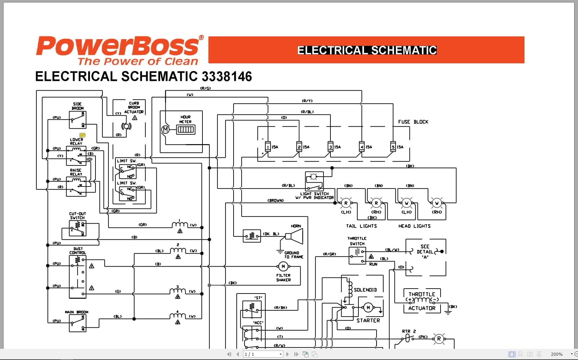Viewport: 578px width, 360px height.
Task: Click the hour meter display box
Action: (x=186, y=130)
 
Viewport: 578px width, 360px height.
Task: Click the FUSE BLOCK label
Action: (x=413, y=122)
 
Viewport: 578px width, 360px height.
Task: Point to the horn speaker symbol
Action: (x=294, y=237)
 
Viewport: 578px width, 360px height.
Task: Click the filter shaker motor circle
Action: (x=283, y=267)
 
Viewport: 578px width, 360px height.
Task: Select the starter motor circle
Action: (x=368, y=308)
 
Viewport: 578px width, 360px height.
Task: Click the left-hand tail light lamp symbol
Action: (x=346, y=203)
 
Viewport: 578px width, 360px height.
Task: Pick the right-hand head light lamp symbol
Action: (x=437, y=203)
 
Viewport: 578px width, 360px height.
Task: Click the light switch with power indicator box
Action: (x=314, y=181)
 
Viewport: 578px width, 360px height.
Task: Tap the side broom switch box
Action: (x=78, y=120)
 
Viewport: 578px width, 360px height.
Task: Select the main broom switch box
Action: (x=78, y=323)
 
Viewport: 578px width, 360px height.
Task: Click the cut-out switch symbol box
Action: (x=78, y=228)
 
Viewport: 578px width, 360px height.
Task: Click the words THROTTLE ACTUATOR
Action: (x=422, y=301)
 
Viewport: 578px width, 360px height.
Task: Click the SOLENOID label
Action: (x=365, y=290)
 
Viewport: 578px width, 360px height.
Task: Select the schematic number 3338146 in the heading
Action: (x=227, y=77)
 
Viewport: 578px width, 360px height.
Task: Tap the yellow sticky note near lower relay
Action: (x=83, y=135)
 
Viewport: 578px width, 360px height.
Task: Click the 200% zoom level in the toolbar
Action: (x=556, y=354)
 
